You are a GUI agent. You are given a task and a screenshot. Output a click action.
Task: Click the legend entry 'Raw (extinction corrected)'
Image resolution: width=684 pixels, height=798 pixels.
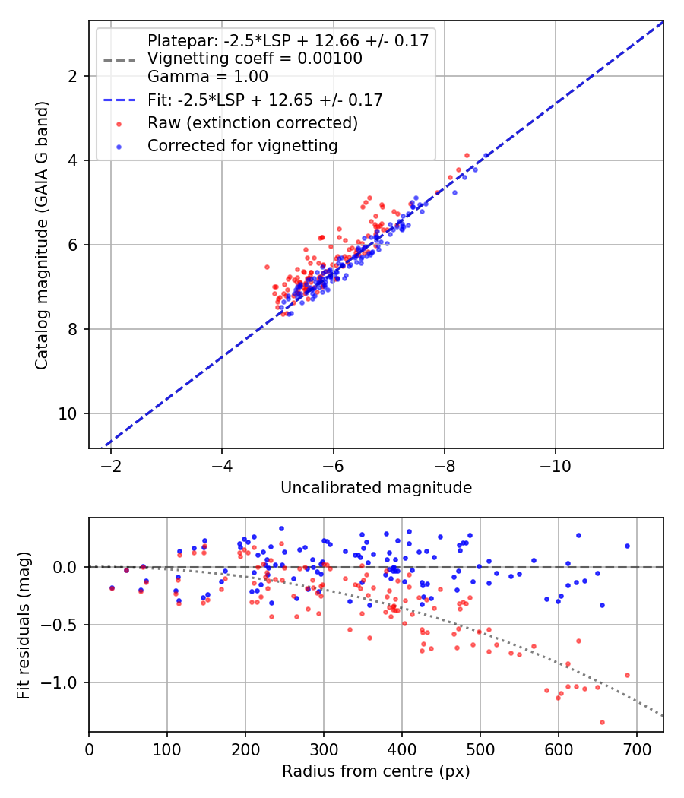[x=252, y=122]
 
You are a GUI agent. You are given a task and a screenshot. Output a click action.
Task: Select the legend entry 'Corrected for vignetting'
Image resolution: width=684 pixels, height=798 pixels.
[x=242, y=144]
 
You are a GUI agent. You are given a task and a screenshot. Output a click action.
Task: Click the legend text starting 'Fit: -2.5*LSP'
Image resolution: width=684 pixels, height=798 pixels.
[x=264, y=100]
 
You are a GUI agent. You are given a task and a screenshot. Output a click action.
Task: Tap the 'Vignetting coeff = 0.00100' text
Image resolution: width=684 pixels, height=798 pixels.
[x=255, y=59]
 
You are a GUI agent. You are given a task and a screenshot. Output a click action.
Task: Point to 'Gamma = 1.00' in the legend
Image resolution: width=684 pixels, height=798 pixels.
[x=207, y=76]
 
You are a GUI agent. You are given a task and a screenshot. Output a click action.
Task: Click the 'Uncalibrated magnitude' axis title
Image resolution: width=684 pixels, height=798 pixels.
[x=376, y=488]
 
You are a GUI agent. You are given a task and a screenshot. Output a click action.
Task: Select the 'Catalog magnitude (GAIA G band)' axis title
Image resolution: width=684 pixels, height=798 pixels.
[x=43, y=240]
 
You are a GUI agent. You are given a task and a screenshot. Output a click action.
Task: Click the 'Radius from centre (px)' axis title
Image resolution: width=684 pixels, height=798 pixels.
[x=376, y=772]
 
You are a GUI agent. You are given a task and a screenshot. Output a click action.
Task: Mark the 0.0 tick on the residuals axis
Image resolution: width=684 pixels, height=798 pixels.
[x=70, y=567]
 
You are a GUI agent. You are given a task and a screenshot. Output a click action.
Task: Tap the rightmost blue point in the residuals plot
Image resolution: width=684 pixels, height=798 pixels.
[x=627, y=546]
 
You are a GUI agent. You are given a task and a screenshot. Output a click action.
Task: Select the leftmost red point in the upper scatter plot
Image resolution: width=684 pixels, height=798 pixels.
[x=267, y=267]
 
